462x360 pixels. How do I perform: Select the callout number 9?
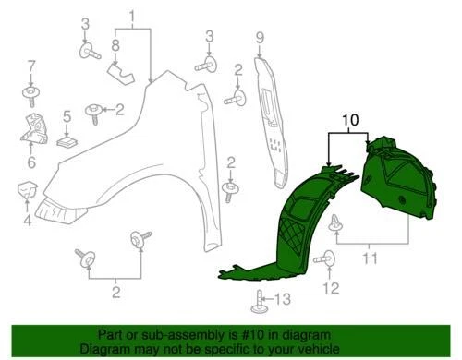260,37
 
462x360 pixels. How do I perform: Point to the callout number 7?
30,66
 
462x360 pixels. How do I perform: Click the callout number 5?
67,117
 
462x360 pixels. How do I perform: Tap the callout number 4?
26,220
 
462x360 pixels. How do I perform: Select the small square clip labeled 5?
67,141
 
